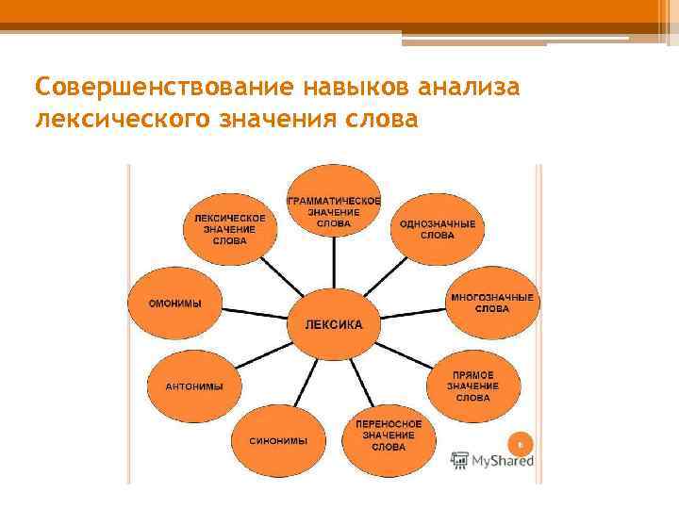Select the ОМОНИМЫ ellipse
[x=175, y=304]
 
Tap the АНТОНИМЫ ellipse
[x=194, y=386]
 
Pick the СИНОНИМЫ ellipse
[x=278, y=440]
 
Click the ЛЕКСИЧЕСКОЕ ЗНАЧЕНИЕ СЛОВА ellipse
[x=230, y=229]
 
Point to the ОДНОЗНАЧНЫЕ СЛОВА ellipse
[x=437, y=229]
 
